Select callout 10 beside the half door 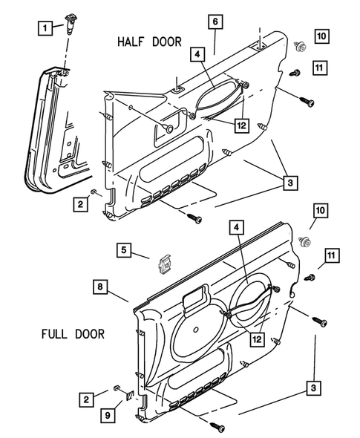[321, 36]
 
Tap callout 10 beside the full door [321, 211]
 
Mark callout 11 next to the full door [331, 256]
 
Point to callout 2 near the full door [87, 400]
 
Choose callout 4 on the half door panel [196, 54]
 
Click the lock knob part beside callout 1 [73, 28]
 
